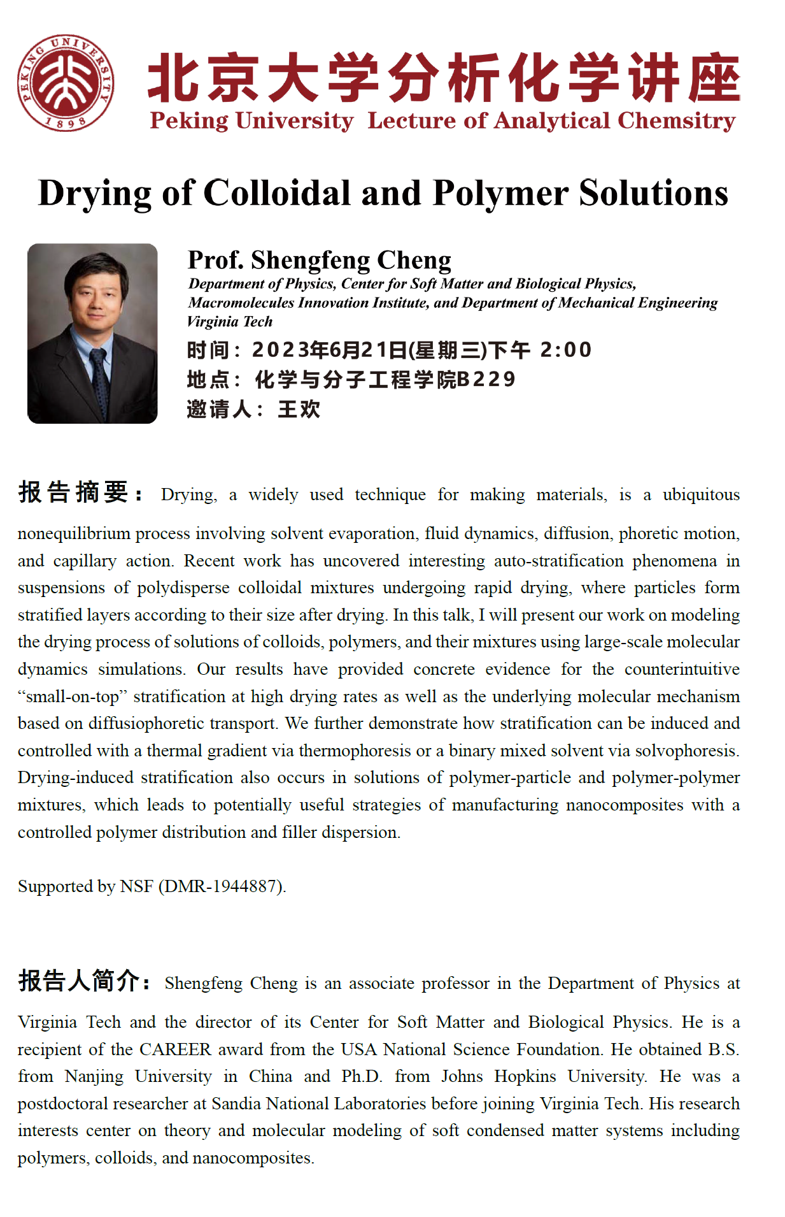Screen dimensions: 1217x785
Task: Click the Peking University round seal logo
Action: (66, 83)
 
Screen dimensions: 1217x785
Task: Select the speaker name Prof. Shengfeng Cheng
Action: (319, 260)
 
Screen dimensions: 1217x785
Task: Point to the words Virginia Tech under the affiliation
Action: (230, 322)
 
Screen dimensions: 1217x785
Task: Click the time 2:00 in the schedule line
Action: (566, 350)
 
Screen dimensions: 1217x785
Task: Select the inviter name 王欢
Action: (299, 409)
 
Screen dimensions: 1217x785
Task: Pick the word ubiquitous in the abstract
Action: (700, 495)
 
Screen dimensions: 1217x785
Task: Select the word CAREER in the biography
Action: (175, 1049)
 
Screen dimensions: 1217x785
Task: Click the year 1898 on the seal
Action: (66, 123)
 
